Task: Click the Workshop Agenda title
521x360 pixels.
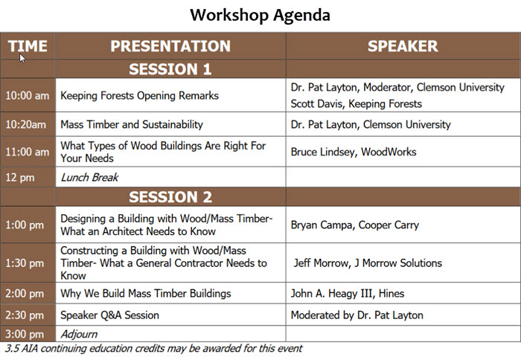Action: click(x=260, y=15)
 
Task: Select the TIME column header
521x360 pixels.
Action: click(x=28, y=46)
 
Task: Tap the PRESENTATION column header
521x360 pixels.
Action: click(x=170, y=46)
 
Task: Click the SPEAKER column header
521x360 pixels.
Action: click(x=403, y=46)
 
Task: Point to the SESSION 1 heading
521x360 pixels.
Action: click(x=170, y=70)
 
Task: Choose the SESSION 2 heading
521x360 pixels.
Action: click(x=170, y=197)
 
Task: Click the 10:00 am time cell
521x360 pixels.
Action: click(x=28, y=96)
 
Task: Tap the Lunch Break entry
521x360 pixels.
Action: click(x=89, y=177)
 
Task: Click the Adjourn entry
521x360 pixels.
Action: click(x=78, y=334)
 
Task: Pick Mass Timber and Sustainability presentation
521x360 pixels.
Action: click(x=132, y=124)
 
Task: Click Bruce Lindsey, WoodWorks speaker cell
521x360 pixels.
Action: click(x=354, y=152)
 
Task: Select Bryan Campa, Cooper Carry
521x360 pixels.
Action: click(x=355, y=225)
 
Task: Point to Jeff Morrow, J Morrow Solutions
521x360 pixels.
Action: click(x=368, y=263)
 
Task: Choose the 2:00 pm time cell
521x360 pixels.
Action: click(x=25, y=293)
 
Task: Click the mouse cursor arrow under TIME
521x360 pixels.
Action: click(x=22, y=58)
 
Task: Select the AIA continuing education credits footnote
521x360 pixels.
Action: click(x=153, y=348)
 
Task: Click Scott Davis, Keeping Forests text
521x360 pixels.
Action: click(x=357, y=103)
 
